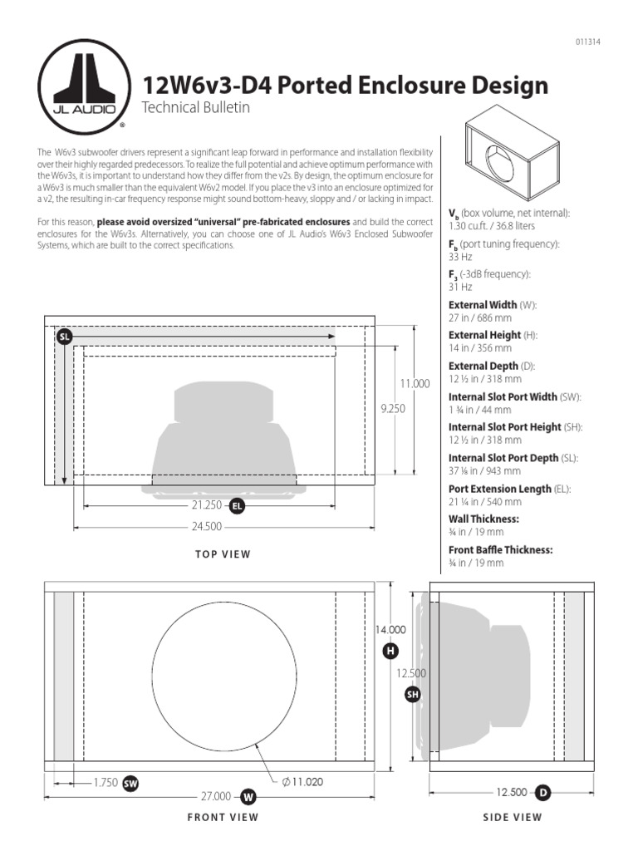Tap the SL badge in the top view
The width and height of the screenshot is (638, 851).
64,337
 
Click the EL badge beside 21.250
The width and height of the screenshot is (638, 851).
237,505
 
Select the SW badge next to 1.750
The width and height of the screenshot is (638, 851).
130,783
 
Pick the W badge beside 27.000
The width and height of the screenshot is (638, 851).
248,797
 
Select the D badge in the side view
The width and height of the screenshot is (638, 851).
543,793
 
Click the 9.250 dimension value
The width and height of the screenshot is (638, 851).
393,408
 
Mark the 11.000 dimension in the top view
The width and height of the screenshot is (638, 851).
415,383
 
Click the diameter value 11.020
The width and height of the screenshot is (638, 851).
303,781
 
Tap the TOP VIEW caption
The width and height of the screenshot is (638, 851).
223,554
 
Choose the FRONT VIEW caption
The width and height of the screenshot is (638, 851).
223,817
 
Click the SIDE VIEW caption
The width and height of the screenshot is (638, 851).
513,817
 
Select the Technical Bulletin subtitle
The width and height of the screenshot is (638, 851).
196,108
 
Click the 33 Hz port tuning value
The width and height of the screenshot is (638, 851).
460,257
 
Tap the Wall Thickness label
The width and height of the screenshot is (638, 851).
483,519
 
